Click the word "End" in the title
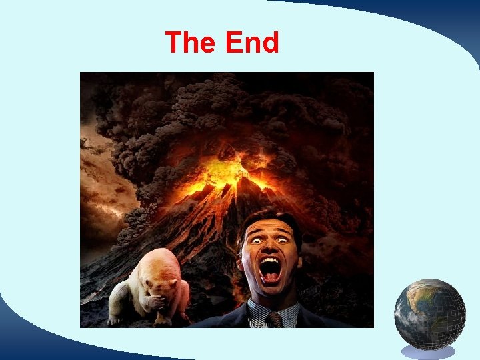click(x=252, y=43)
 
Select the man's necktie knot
click(x=275, y=319)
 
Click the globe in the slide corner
click(x=429, y=313)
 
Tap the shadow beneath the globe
click(x=429, y=351)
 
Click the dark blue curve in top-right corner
click(x=427, y=20)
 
